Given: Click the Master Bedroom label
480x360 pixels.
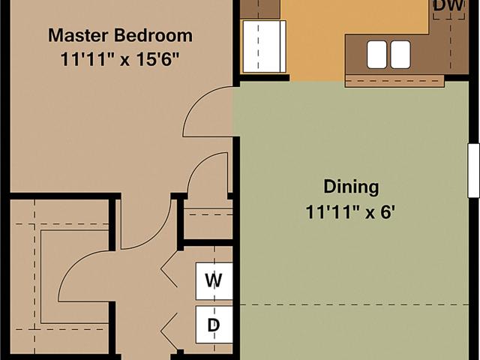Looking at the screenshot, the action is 120,35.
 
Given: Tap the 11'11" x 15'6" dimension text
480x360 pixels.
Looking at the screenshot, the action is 119,59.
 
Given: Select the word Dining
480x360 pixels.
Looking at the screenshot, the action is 351,187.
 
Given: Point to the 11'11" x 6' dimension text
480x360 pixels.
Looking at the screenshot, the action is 350,211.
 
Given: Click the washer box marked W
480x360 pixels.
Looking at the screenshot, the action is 214,281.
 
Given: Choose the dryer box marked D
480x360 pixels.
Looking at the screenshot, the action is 214,325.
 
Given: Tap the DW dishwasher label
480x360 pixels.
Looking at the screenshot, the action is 449,6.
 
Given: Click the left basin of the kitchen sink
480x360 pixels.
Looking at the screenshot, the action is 376,55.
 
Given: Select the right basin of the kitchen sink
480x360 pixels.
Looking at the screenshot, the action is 400,55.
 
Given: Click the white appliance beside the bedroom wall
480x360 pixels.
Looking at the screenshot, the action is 265,46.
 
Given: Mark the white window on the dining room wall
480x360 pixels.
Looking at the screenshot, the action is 473,170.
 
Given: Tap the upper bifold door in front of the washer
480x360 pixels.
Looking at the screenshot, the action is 169,268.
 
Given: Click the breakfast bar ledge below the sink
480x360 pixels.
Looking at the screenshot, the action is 394,81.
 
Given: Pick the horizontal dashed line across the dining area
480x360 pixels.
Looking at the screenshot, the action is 354,305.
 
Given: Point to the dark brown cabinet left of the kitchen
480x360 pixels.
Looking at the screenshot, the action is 260,9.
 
